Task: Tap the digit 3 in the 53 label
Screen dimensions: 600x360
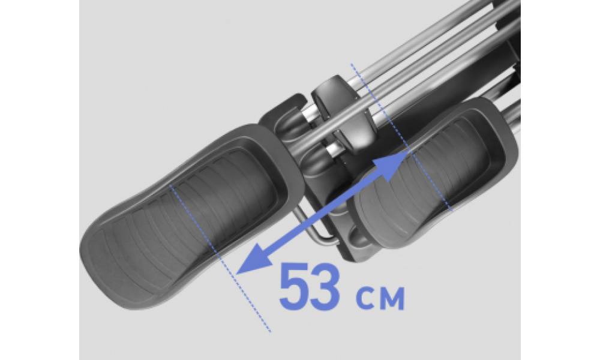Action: pos(324,286)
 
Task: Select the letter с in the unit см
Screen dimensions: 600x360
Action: pos(365,298)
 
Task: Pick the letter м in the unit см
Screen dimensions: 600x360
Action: pos(391,298)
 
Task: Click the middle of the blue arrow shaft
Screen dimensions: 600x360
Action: pos(323,213)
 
